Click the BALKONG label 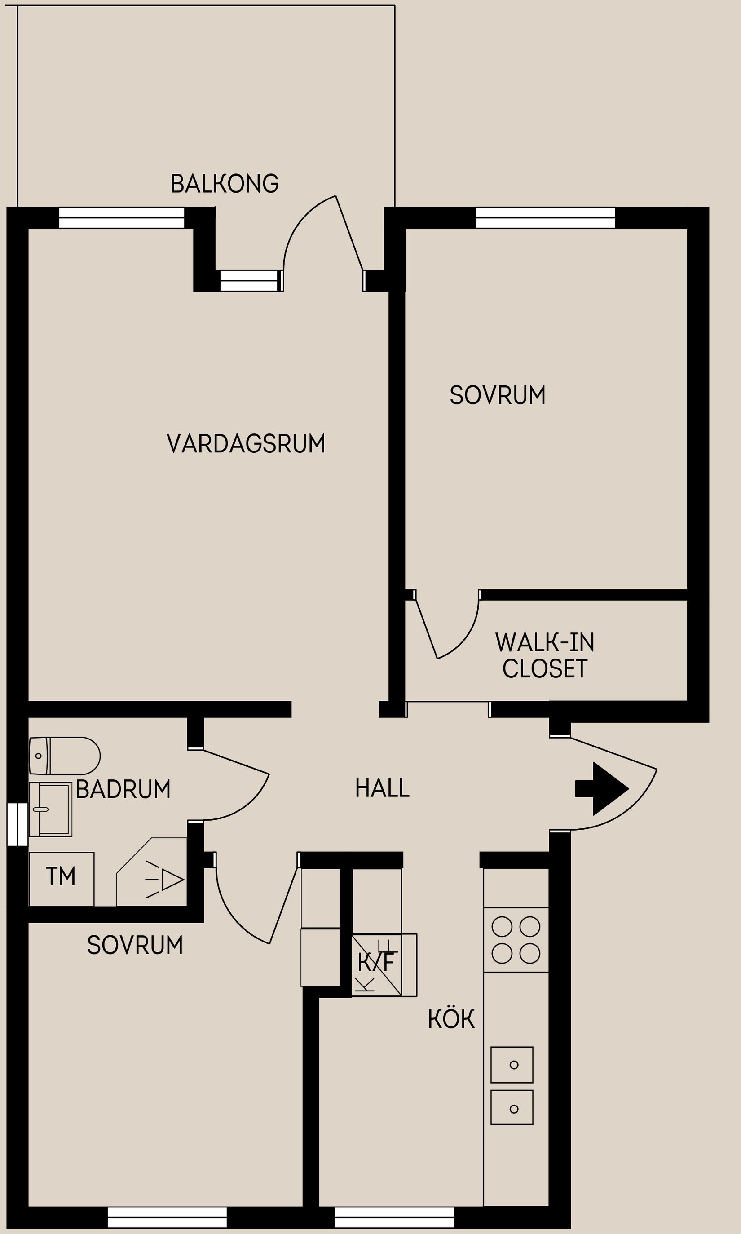(224, 184)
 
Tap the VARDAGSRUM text (246, 443)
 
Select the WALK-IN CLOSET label (545, 655)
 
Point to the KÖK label (451, 1019)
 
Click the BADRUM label (123, 789)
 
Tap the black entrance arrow (602, 788)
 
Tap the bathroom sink (50, 809)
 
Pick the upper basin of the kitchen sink (512, 1065)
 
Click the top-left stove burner (502, 927)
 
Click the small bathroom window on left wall (18, 824)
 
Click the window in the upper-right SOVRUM (545, 218)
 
